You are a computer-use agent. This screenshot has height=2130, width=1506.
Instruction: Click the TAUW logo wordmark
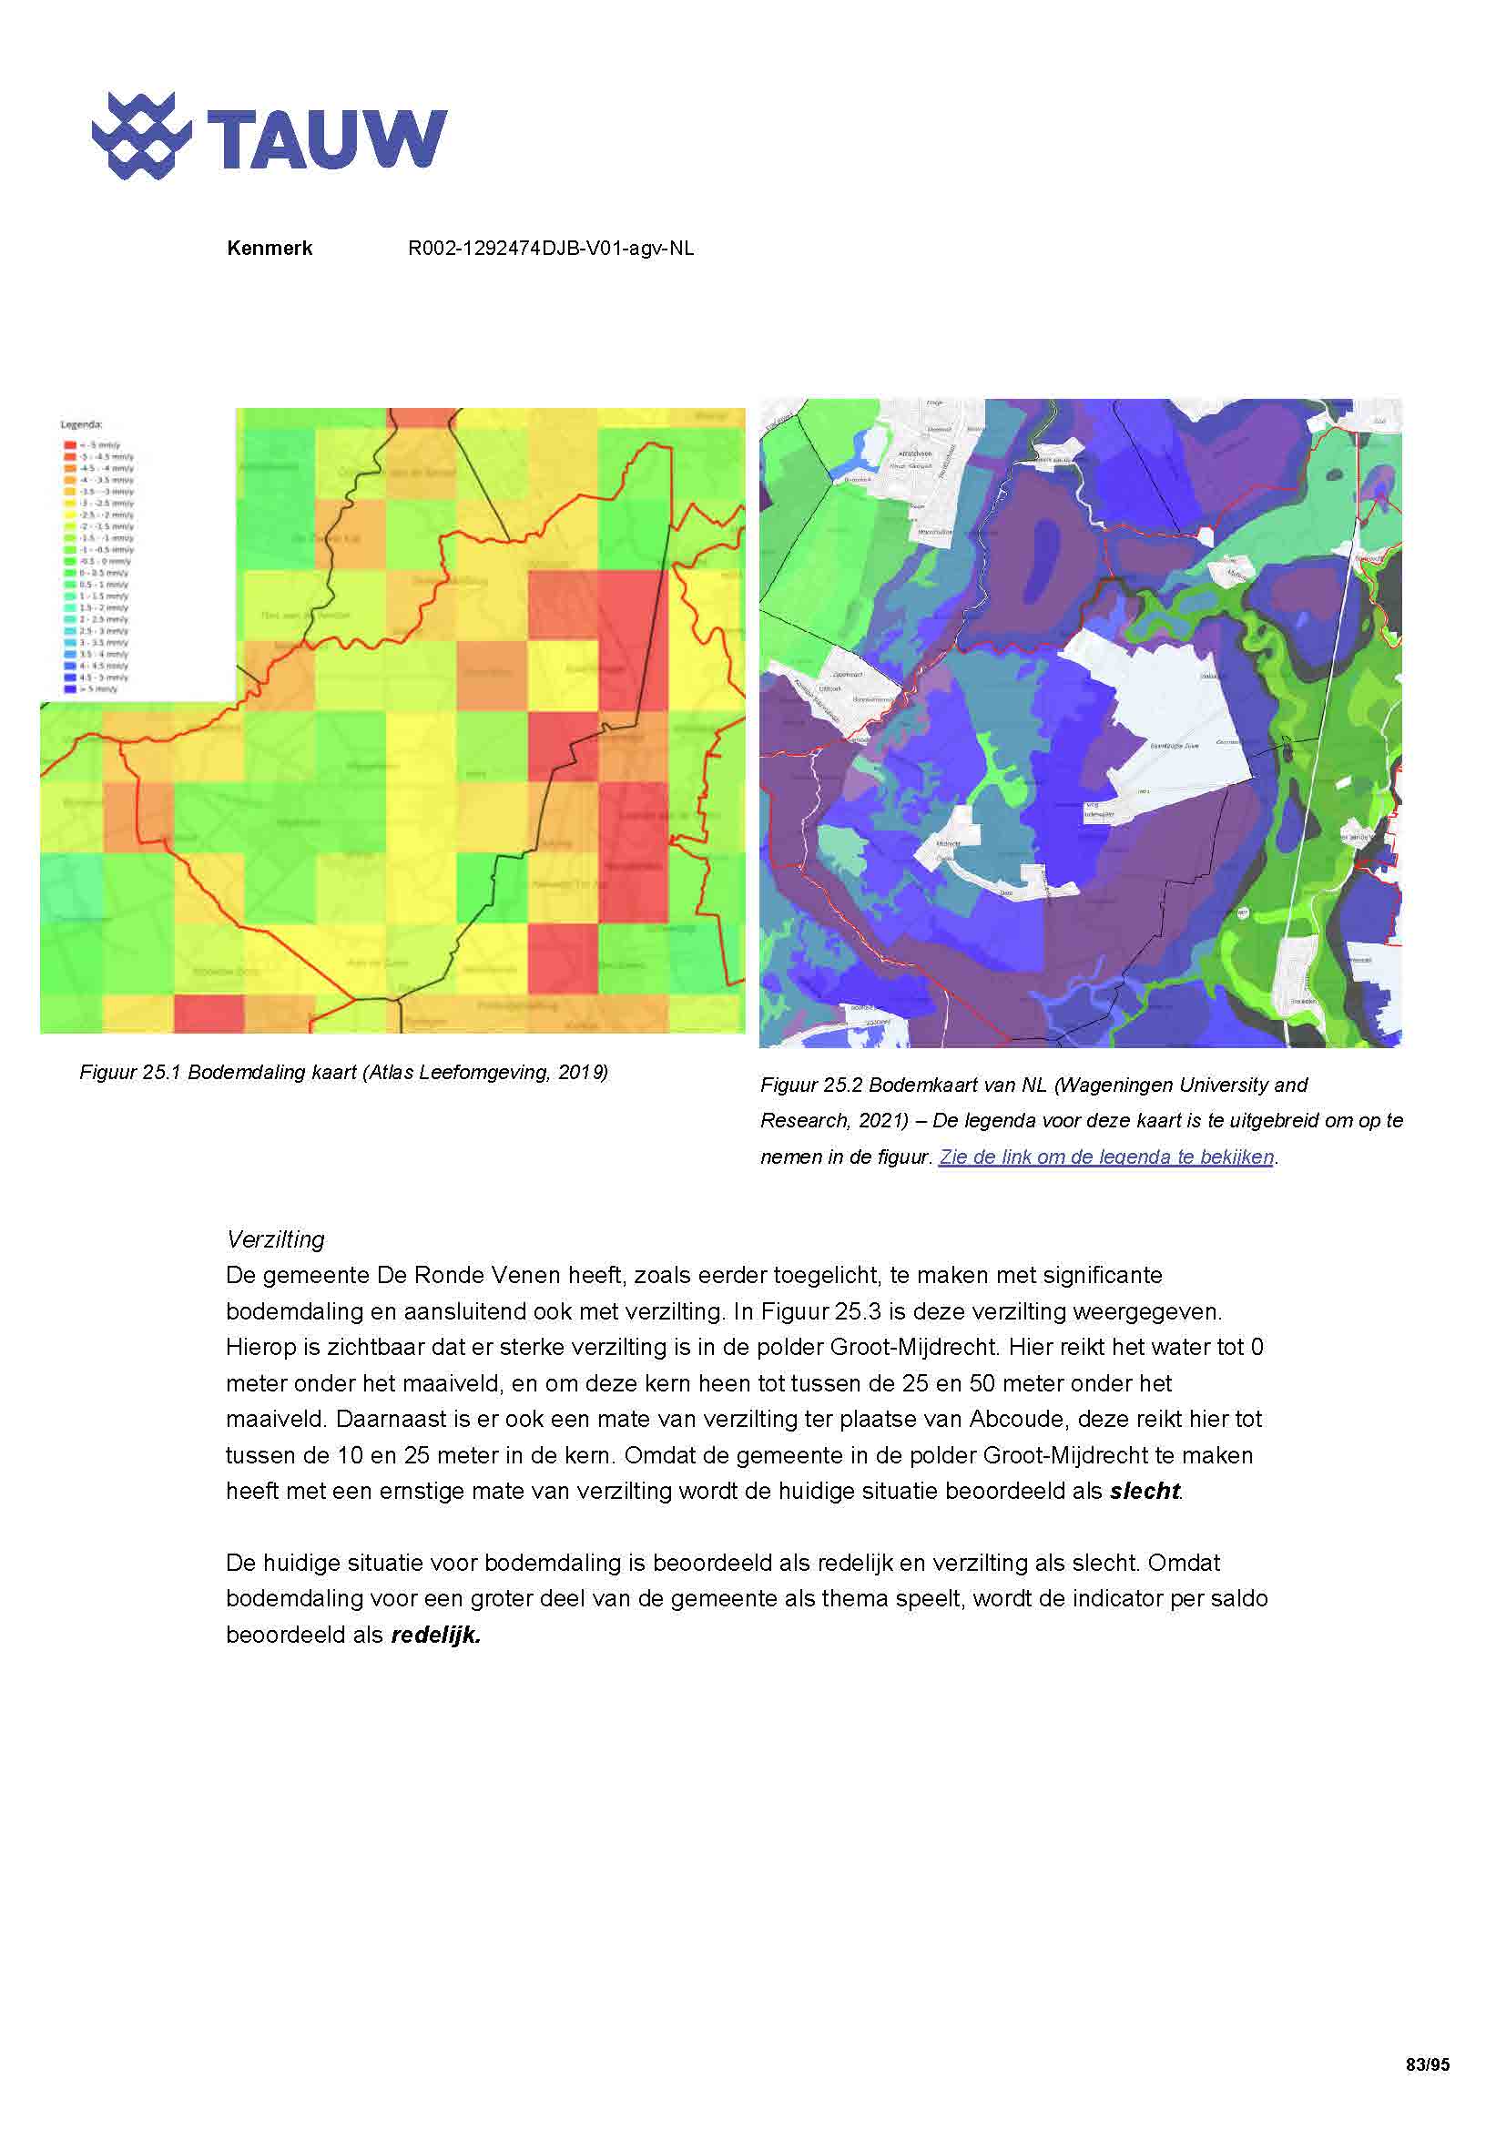[x=327, y=139]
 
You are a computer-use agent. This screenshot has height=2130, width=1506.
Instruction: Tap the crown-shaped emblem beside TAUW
[x=141, y=137]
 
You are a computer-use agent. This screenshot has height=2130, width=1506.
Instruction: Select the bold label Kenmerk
[x=269, y=249]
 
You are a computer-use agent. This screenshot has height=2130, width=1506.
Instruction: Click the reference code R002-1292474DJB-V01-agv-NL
[x=551, y=249]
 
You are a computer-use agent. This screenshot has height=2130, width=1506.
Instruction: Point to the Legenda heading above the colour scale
[x=82, y=425]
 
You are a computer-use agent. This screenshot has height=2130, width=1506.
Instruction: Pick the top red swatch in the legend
[x=69, y=445]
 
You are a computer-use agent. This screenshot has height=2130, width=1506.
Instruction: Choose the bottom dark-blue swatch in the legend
[x=69, y=689]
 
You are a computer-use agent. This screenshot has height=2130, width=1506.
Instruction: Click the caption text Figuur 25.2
[x=811, y=1085]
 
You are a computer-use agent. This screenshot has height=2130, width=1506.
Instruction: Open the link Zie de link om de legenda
[x=1106, y=1157]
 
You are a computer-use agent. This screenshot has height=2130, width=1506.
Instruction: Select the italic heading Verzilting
[x=275, y=1240]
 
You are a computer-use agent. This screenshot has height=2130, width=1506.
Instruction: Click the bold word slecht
[x=1145, y=1492]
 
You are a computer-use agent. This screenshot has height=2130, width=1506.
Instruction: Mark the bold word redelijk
[x=435, y=1636]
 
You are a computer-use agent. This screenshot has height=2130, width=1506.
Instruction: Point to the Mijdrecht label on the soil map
[x=947, y=843]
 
